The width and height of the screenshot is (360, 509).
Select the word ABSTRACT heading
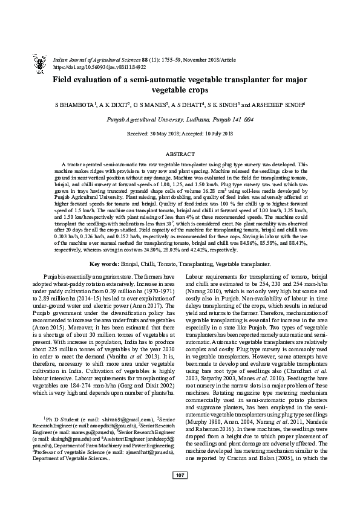click(180, 155)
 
